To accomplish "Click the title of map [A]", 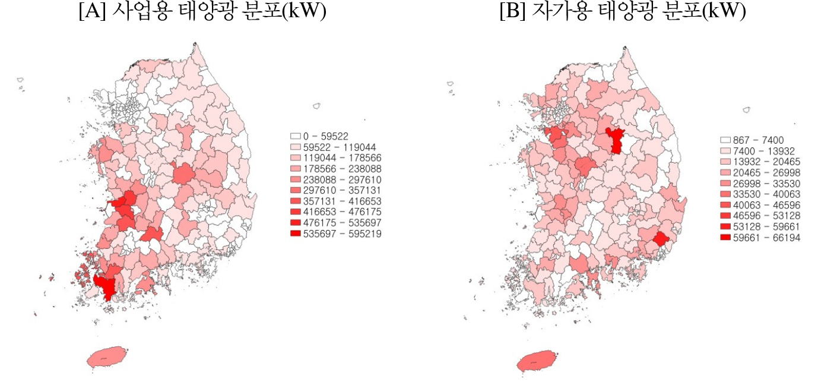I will (x=202, y=12).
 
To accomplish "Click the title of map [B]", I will (x=623, y=12).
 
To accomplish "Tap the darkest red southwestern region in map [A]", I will (x=107, y=286).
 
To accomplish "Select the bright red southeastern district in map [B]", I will (x=660, y=239).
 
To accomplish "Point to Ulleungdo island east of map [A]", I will (x=317, y=106).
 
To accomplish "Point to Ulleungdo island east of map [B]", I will (x=746, y=110).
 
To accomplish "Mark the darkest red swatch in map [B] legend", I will (x=725, y=237).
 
